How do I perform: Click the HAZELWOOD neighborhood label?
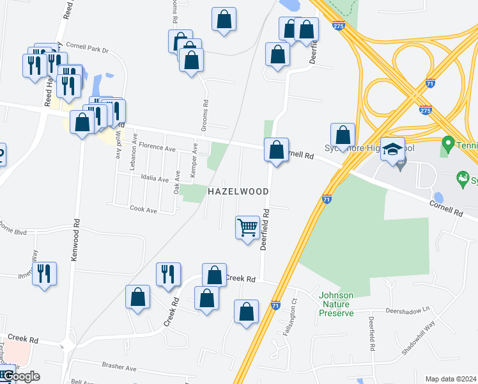tap(236, 191)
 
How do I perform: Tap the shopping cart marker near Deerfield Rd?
tap(247, 228)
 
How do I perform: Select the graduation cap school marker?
tap(393, 150)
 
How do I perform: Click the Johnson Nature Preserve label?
tap(336, 304)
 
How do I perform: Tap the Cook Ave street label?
tap(143, 209)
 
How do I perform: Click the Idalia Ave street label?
tap(153, 179)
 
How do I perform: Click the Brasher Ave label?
tap(119, 368)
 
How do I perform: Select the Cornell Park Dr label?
tap(88, 49)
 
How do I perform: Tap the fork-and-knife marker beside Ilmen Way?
tap(44, 274)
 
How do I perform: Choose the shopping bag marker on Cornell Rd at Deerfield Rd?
tap(276, 151)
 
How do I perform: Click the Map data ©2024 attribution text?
tap(451, 379)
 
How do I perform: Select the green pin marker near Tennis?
tap(447, 143)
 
